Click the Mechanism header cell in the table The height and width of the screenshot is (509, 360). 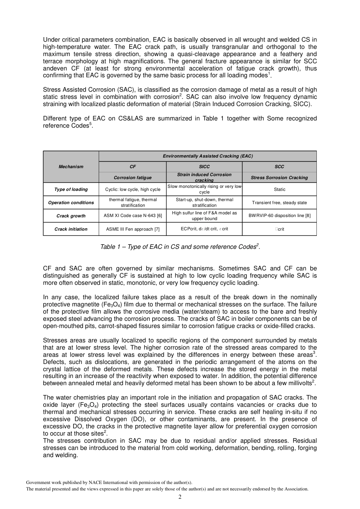point(71,167)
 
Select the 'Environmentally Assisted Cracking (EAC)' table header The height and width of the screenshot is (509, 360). point(208,156)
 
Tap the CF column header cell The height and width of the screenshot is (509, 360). point(133,167)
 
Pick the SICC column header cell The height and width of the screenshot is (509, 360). point(204,167)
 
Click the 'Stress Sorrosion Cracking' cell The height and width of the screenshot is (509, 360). point(279,178)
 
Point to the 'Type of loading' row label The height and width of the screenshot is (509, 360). point(71,189)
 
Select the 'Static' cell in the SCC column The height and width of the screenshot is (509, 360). point(279,189)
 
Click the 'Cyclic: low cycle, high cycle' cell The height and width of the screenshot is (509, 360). point(133,189)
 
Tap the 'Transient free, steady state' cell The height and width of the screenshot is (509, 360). point(279,203)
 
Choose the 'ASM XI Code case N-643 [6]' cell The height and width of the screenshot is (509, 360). point(133,216)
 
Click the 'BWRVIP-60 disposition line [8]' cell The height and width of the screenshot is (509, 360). point(279,216)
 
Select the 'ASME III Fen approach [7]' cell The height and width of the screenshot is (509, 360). point(133,229)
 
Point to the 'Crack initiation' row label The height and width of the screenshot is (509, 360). point(71,229)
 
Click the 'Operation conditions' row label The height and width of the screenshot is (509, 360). point(71,203)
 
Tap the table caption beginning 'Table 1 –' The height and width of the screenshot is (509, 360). point(180,247)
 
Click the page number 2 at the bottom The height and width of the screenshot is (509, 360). point(180,497)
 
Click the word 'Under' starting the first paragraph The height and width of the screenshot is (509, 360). point(51,40)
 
